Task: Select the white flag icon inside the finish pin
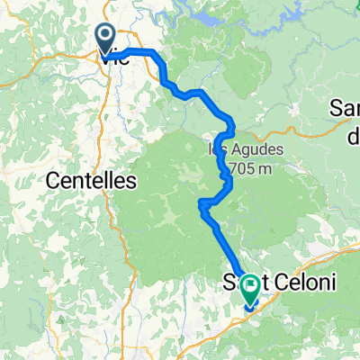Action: [249, 285]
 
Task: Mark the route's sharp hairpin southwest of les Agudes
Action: [201, 205]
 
